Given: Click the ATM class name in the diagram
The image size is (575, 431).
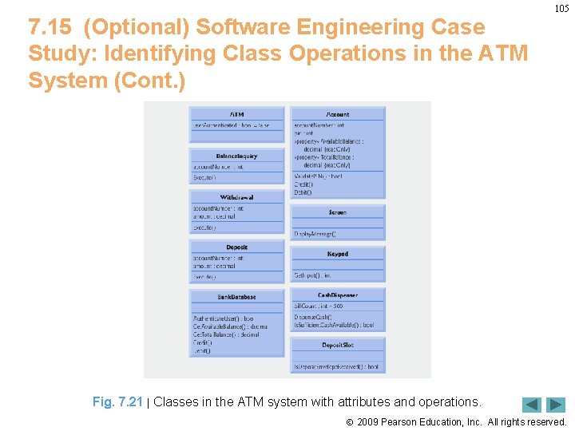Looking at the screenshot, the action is coord(237,114).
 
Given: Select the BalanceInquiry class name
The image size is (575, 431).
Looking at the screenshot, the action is coord(237,156).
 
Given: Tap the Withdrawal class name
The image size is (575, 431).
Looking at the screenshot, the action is coord(237,197).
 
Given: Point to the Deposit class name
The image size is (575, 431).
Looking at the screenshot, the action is coord(237,247).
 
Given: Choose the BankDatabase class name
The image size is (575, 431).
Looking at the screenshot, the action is coord(237,297).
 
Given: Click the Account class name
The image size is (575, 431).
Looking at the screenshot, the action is coord(338,114).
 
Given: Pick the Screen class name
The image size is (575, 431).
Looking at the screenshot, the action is coord(338,212).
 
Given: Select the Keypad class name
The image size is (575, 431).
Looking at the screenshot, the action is coord(338,254).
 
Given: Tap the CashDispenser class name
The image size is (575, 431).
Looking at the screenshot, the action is coord(338,295).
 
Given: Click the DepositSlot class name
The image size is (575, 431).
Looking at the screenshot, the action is coord(338,345).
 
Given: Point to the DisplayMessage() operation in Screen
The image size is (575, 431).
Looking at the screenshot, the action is coord(315,234).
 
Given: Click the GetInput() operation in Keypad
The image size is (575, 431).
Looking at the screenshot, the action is coord(312,275).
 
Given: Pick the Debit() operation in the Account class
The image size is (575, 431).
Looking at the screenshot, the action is coord(303,192).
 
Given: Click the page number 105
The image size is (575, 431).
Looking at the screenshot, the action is coord(562,9).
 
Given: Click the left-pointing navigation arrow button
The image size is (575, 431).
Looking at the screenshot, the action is coord(532,405).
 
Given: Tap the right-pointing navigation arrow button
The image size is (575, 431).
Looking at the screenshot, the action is coord(556,405).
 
